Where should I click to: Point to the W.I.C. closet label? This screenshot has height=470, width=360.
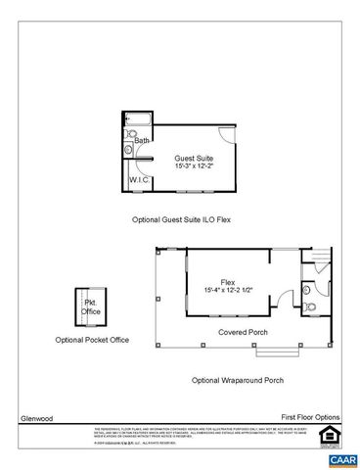(138, 180)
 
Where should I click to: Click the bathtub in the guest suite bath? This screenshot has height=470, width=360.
(138, 120)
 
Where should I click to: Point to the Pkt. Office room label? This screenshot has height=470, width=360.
(91, 307)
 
